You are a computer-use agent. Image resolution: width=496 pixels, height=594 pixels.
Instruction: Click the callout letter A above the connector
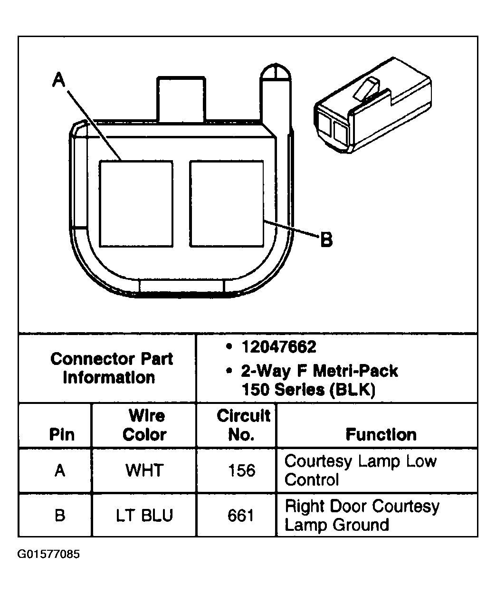[58, 79]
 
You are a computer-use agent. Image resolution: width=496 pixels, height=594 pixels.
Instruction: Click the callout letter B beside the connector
[326, 240]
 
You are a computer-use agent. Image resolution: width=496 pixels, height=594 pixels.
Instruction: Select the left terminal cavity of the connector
[136, 203]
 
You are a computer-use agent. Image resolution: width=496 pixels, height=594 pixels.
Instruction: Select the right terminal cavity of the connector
[226, 203]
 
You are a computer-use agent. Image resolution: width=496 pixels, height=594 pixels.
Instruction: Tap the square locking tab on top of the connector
[181, 98]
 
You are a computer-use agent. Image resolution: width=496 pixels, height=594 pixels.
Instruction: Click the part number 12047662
[278, 347]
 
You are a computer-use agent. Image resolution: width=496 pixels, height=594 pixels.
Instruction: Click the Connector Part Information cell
[111, 368]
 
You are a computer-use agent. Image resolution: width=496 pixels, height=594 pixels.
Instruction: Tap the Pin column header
[62, 434]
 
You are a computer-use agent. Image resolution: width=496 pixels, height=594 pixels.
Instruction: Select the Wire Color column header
[145, 425]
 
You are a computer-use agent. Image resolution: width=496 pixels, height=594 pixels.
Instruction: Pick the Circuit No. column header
[243, 425]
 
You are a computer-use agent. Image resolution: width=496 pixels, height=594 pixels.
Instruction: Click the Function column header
[381, 434]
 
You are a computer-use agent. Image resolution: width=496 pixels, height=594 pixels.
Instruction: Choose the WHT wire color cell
[144, 470]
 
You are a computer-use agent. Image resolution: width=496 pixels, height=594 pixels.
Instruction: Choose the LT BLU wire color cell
[144, 516]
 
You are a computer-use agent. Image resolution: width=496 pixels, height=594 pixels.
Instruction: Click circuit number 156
[241, 470]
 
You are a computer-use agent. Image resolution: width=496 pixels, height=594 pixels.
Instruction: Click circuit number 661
[241, 516]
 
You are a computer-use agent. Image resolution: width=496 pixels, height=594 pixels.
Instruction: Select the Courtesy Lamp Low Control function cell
[360, 470]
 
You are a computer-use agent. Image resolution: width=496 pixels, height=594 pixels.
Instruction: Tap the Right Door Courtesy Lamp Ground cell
[362, 515]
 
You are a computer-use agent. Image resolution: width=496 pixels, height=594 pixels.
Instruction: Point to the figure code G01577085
[49, 555]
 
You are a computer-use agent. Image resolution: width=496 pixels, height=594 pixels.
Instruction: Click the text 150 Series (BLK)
[308, 390]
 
